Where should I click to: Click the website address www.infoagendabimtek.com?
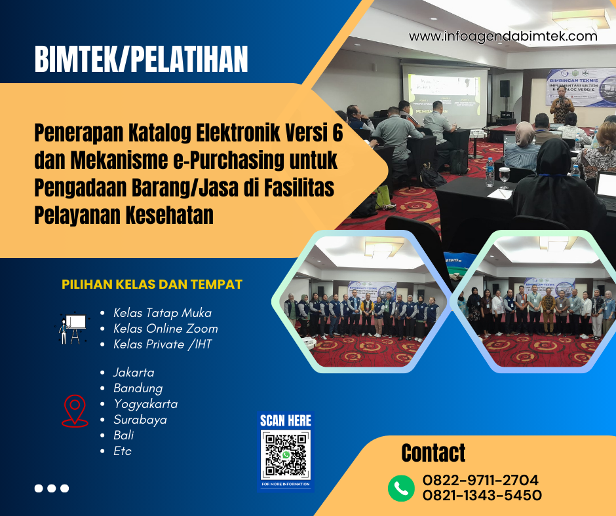[x=503, y=37]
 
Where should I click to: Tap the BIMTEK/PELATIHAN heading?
[x=142, y=60]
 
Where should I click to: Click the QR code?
[x=286, y=456]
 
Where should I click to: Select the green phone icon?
[x=401, y=487]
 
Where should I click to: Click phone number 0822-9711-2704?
[x=480, y=479]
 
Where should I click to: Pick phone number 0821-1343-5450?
[x=482, y=496]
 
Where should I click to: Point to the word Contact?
[x=433, y=453]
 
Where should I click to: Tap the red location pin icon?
[x=75, y=411]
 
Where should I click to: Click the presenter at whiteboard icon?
[x=72, y=328]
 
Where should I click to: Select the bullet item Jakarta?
[x=134, y=373]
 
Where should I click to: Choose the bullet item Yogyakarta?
[x=145, y=404]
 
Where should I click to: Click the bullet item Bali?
[x=124, y=435]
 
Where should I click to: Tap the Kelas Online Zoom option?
[x=165, y=329]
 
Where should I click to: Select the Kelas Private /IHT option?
[x=163, y=344]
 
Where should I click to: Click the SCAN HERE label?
[x=286, y=420]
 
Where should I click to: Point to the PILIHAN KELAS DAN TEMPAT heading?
[x=152, y=285]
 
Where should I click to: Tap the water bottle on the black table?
[x=490, y=171]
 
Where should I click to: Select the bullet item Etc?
[x=123, y=451]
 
